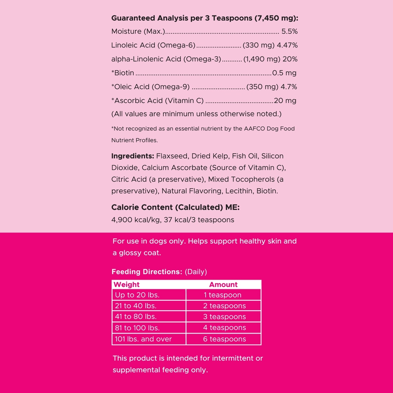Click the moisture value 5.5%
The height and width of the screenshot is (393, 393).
[x=290, y=31]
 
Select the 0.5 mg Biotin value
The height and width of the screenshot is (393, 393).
[x=284, y=73]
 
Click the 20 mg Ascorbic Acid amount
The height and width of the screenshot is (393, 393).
[x=285, y=101]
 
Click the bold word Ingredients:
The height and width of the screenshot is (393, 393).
[x=133, y=156]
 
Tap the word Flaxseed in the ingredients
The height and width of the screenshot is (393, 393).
[x=172, y=156]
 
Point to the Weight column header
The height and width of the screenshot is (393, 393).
[x=126, y=285]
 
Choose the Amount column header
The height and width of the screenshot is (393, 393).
[x=223, y=285]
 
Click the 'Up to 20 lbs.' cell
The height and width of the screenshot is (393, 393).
[x=137, y=295]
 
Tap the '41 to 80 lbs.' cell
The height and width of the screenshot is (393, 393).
[x=136, y=317]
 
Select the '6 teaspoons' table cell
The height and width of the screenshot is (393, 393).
[x=224, y=339]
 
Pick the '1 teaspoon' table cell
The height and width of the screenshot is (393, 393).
[x=222, y=295]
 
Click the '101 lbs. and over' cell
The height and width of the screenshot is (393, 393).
[x=143, y=339]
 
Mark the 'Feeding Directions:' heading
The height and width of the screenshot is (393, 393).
[x=147, y=272]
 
